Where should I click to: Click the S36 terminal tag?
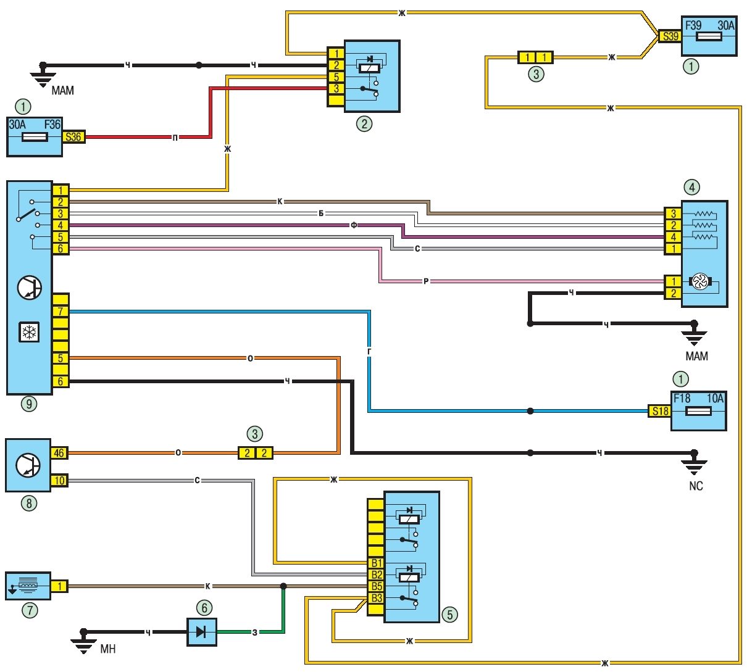73,137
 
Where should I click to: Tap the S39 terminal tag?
670,36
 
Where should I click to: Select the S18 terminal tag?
660,411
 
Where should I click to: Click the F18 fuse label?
682,399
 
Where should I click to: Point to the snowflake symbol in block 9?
29,332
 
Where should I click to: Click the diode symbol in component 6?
201,632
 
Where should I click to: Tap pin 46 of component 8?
59,453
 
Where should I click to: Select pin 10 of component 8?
59,481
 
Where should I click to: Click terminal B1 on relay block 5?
376,563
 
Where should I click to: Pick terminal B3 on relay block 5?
376,598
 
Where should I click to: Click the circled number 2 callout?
364,123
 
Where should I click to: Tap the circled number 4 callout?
692,187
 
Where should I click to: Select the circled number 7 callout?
30,610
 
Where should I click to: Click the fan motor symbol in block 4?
700,281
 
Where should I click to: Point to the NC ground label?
696,486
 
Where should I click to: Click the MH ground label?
108,649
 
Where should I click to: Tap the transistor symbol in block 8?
28,465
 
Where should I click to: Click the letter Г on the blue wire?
369,352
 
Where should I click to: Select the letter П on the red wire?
175,138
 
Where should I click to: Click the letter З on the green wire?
255,632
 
